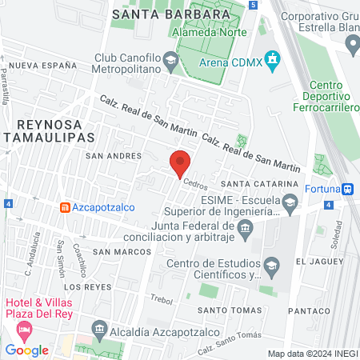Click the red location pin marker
[x=181, y=163]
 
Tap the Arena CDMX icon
[x=273, y=58]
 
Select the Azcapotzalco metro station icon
[x=63, y=207]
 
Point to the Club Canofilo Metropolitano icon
[x=170, y=59]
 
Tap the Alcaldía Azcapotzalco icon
[x=98, y=328]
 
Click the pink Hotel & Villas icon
[x=26, y=329]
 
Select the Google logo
[x=26, y=350]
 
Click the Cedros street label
[x=195, y=183]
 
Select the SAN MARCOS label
[x=122, y=252]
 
